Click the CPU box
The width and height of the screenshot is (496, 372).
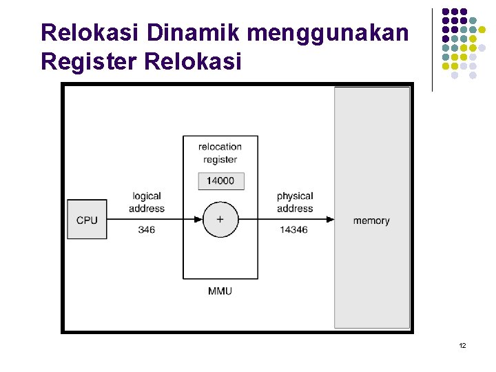[x=87, y=220]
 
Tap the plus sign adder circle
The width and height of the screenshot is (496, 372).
[x=220, y=220]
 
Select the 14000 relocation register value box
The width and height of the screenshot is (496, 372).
[x=220, y=181]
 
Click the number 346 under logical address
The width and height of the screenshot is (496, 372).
[x=147, y=230]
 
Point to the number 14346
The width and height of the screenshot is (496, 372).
[x=293, y=230]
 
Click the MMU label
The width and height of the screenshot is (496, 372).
[x=220, y=291]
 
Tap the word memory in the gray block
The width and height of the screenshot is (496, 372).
[x=371, y=220]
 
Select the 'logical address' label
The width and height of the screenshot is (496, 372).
[x=147, y=203]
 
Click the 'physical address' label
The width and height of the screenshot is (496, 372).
[x=294, y=203]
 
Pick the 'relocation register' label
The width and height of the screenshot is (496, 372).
[x=220, y=152]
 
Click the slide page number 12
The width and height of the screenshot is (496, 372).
[x=462, y=344]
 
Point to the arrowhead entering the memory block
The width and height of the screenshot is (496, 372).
[x=331, y=220]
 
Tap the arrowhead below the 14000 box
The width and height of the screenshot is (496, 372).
[x=220, y=199]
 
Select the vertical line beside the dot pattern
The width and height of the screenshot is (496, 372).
[x=432, y=50]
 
